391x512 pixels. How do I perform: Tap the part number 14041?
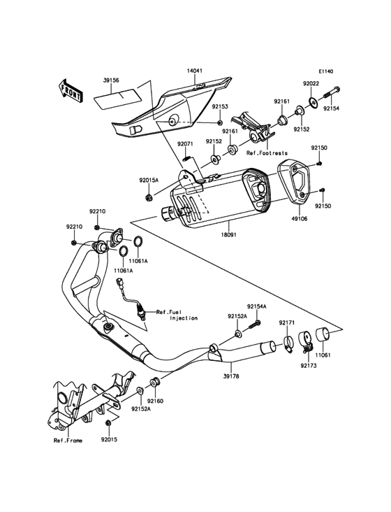pos(195,70)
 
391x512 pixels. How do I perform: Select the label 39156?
pos(111,80)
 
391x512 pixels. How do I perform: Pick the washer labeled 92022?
pos(313,102)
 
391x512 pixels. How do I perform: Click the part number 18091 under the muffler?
pos(230,235)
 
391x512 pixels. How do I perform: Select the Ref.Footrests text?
pos(267,152)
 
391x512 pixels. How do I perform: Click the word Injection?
pos(184,318)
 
